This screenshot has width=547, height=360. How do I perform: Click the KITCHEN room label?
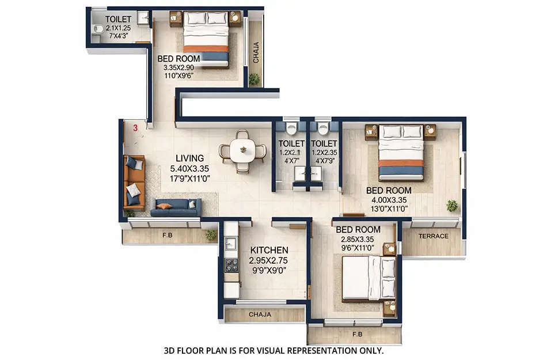pyautogui.click(x=269, y=251)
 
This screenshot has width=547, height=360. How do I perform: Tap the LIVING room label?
pyautogui.click(x=189, y=158)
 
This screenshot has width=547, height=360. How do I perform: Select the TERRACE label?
pyautogui.click(x=433, y=236)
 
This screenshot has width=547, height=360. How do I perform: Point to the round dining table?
pyautogui.click(x=243, y=151)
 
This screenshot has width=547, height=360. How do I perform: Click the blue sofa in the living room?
pyautogui.click(x=176, y=207)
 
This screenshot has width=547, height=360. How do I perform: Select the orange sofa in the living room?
pyautogui.click(x=134, y=182)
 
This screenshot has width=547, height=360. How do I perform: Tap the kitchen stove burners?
pyautogui.click(x=231, y=266)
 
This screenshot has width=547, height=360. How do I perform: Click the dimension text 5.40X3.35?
pyautogui.click(x=189, y=169)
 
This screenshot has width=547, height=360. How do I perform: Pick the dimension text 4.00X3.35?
pyautogui.click(x=389, y=200)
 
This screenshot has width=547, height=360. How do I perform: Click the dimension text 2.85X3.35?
pyautogui.click(x=358, y=240)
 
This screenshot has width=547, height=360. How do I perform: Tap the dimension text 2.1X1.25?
pyautogui.click(x=119, y=28)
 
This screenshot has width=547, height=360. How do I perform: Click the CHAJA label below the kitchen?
pyautogui.click(x=260, y=315)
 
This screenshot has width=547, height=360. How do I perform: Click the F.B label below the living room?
pyautogui.click(x=167, y=235)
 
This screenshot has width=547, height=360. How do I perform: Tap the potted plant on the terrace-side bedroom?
pyautogui.click(x=452, y=205)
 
